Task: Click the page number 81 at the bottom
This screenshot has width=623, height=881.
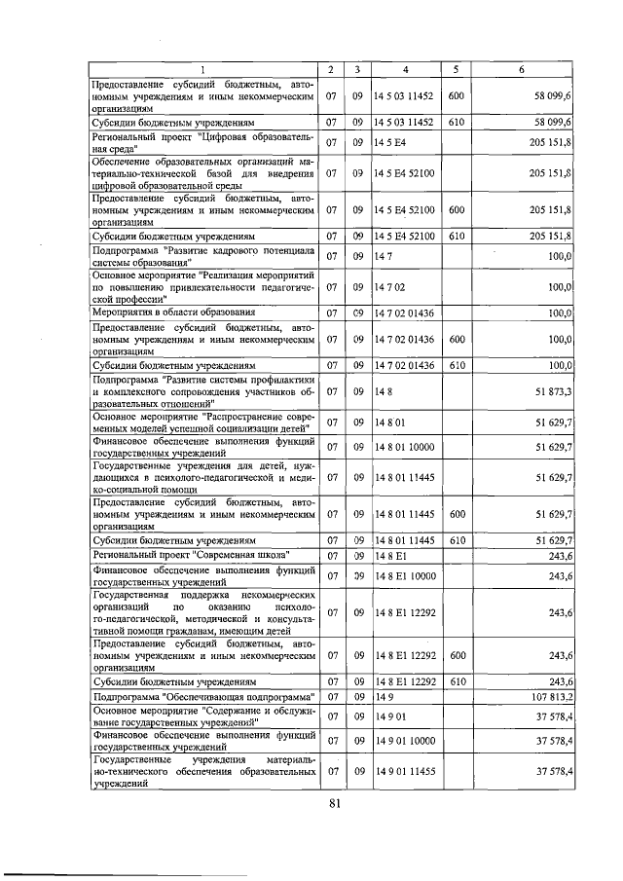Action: [x=334, y=802]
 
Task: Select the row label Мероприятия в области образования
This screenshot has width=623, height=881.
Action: [x=173, y=312]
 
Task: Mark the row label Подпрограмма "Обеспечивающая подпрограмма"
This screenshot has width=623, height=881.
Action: [x=205, y=698]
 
